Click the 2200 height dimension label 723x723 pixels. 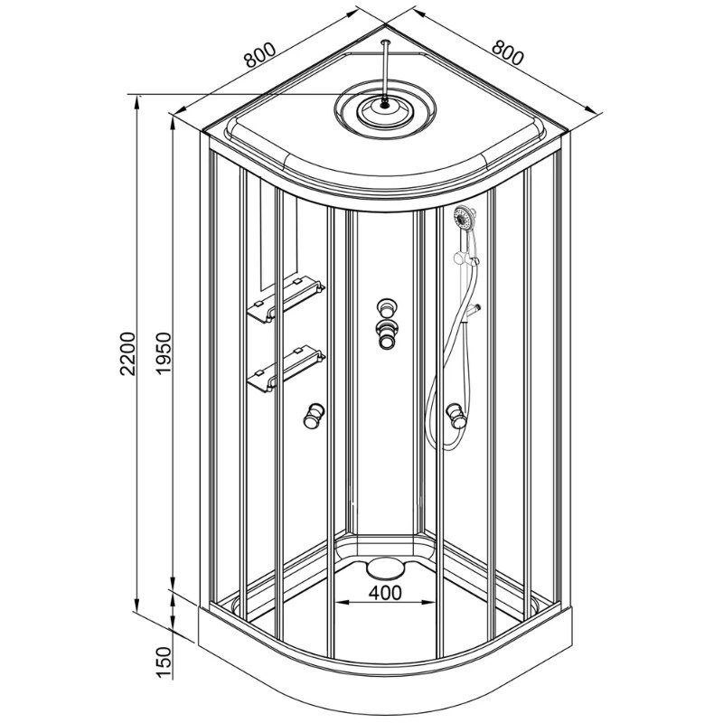tap(127, 353)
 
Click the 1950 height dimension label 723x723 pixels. tap(164, 353)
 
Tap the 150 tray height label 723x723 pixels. tap(164, 662)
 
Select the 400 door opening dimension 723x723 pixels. tap(385, 593)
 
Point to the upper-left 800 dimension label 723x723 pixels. tap(259, 55)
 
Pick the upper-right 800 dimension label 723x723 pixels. tap(508, 52)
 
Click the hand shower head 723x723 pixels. tap(465, 218)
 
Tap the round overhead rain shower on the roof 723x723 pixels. tap(385, 108)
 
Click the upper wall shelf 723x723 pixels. tap(286, 299)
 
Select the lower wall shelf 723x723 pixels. tap(286, 369)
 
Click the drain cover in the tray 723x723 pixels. tap(385, 568)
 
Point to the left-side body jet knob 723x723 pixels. tap(314, 416)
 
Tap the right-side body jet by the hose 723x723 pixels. tap(456, 416)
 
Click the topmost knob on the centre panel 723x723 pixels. tap(387, 307)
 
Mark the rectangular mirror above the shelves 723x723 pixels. tap(278, 235)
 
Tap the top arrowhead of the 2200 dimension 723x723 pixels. tap(137, 101)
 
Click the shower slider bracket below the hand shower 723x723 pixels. tap(466, 258)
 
